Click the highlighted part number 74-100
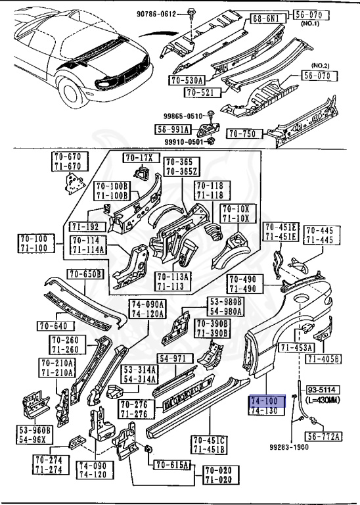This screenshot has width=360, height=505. [267, 401]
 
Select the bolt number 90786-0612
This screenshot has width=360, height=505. [156, 14]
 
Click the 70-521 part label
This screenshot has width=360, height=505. [203, 93]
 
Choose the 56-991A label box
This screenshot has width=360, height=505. [172, 130]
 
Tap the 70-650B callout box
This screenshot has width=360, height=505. [85, 274]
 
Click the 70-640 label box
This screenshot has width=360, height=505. [55, 326]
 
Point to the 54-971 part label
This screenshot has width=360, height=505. [175, 358]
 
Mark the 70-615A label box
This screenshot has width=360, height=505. [172, 465]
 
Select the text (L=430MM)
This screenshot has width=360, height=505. [322, 400]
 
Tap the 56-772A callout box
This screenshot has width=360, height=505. [323, 437]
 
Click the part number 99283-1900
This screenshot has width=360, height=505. [289, 446]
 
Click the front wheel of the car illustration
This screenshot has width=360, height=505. [70, 92]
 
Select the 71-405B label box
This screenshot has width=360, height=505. [323, 359]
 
